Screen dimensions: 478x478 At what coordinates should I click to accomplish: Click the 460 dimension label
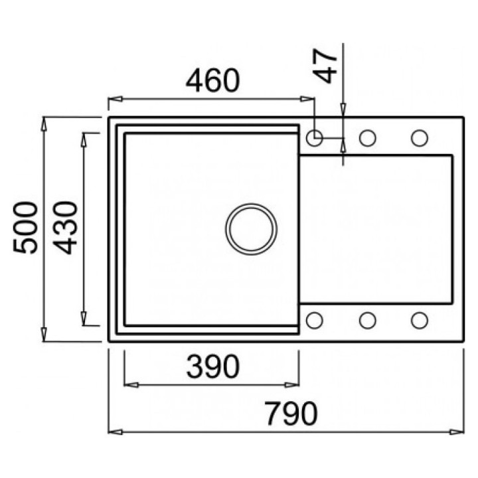click(x=213, y=80)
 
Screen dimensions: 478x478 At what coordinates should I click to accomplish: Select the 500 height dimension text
click(x=26, y=228)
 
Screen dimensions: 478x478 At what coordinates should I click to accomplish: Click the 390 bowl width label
click(x=213, y=366)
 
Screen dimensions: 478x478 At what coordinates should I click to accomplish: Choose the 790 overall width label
click(x=291, y=414)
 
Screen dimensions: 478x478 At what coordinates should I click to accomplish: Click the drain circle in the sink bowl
click(x=251, y=228)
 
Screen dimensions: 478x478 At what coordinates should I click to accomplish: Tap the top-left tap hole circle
click(x=315, y=138)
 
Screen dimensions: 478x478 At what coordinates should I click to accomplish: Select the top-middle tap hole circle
click(x=367, y=138)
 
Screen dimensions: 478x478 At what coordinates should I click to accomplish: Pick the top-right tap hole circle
click(x=420, y=138)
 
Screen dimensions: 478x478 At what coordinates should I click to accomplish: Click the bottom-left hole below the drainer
click(x=315, y=321)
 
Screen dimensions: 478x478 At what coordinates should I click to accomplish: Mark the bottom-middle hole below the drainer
click(x=367, y=321)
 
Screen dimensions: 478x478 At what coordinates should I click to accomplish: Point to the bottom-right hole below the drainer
click(x=420, y=321)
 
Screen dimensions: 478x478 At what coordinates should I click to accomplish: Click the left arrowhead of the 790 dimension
click(x=116, y=432)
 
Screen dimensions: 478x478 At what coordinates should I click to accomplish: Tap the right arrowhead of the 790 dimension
click(x=457, y=432)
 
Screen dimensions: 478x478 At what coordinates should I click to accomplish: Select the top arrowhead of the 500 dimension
click(x=44, y=124)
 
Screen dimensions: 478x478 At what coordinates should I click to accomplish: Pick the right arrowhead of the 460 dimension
click(x=307, y=99)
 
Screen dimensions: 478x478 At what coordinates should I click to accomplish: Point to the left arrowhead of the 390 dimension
click(x=131, y=385)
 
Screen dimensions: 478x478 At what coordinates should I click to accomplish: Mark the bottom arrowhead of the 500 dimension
click(x=44, y=335)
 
